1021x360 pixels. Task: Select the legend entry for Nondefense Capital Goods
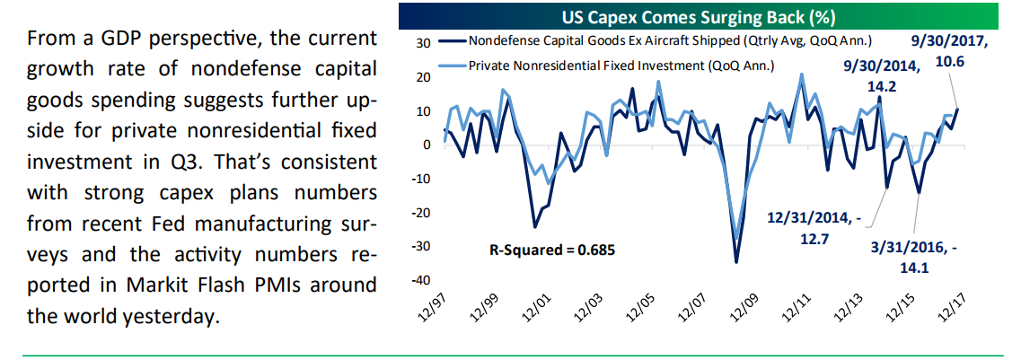point(665,40)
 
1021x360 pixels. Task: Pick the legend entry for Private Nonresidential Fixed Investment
point(621,65)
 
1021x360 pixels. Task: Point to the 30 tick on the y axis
point(425,42)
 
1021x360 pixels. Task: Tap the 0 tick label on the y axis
point(427,145)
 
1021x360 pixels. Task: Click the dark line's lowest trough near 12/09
point(736,262)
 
